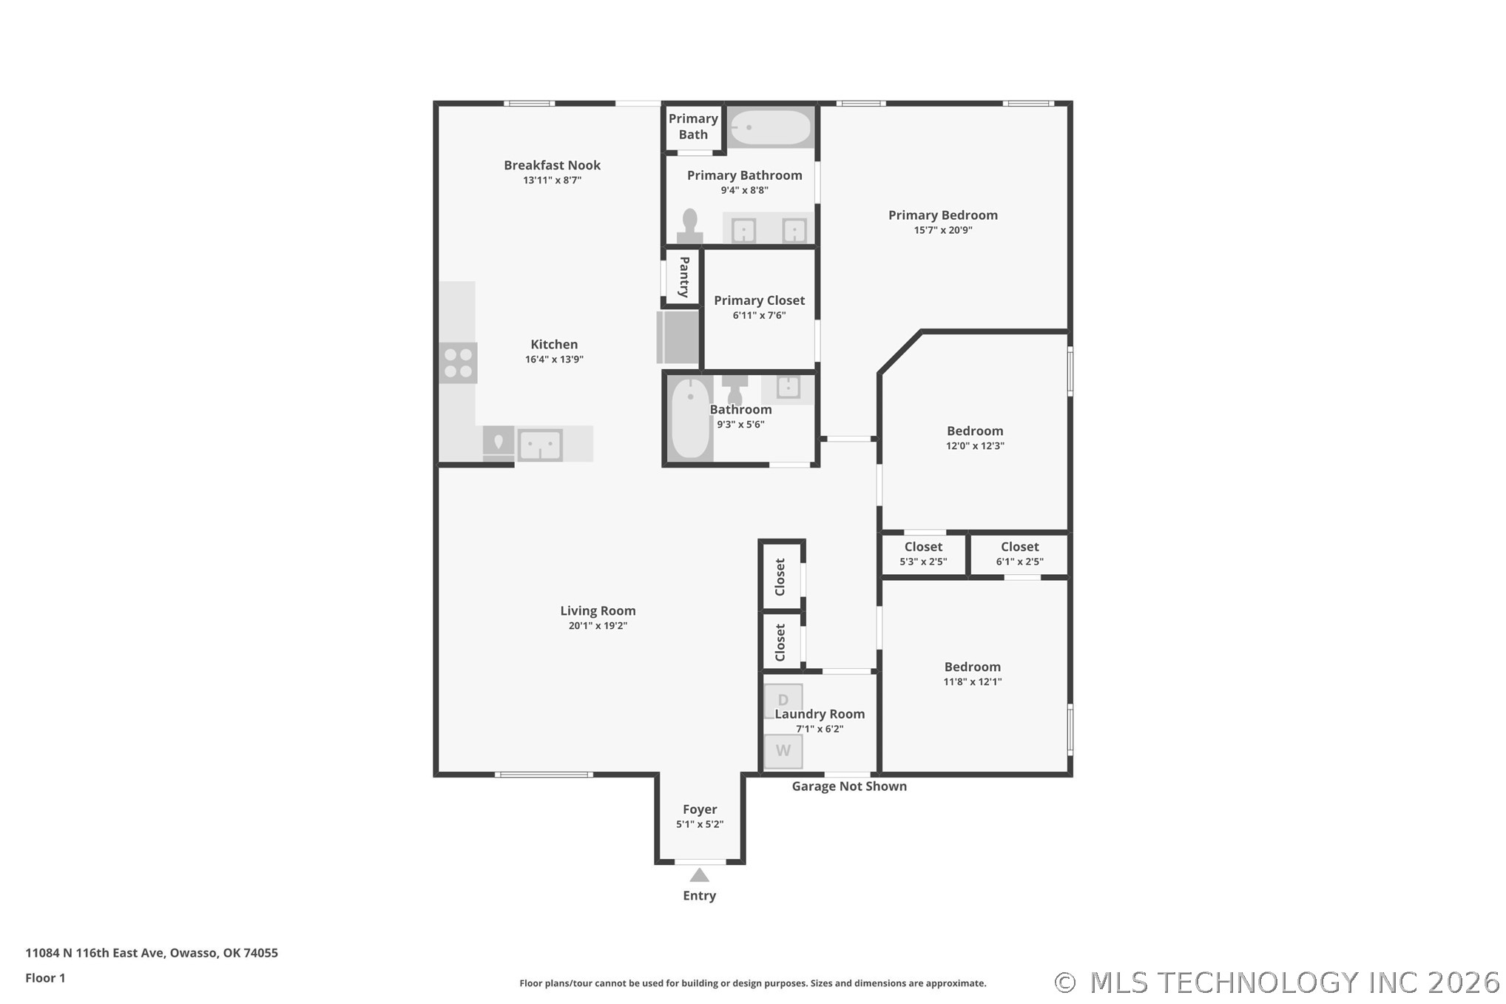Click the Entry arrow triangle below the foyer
700,875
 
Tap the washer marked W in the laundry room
783,751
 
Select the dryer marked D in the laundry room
783,700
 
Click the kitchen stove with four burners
458,363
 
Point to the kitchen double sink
540,445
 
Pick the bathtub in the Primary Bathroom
770,127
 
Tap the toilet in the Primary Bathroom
689,226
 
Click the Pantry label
684,277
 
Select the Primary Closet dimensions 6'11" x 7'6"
759,315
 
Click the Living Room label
598,610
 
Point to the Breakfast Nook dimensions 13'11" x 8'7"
552,180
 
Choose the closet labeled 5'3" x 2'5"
923,555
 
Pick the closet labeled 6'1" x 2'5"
1019,555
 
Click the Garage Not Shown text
849,786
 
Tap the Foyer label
700,809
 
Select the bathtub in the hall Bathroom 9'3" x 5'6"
690,418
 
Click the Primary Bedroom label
943,215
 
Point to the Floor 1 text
45,977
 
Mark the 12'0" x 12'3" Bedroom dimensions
975,445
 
